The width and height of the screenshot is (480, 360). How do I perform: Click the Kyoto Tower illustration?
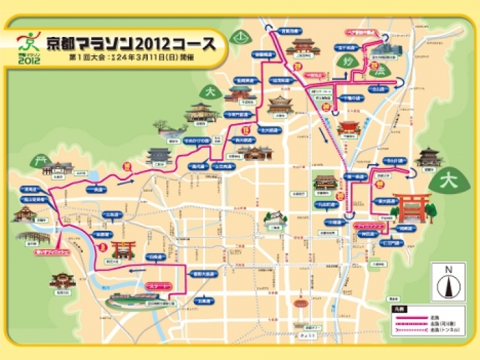tap(305, 310)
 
